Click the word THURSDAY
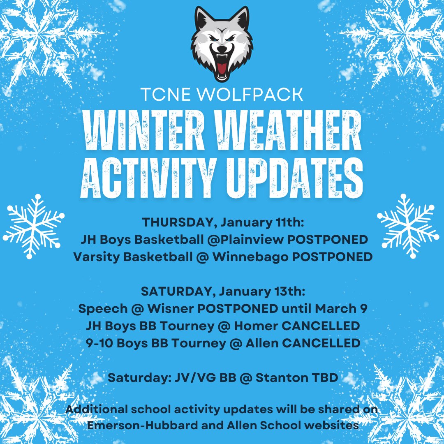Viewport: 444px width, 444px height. (x=179, y=222)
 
